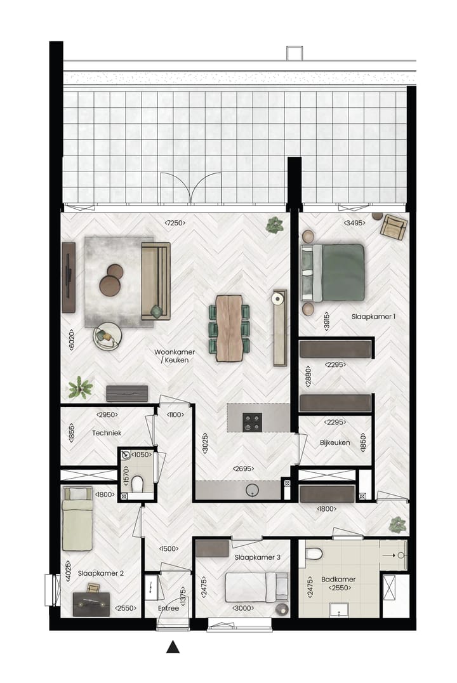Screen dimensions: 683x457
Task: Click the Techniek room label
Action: [106, 432]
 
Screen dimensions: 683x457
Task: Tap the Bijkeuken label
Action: [334, 442]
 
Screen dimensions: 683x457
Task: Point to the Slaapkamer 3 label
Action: [257, 557]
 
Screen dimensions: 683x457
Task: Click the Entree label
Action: [168, 608]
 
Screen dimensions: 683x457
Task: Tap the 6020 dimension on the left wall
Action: [72, 343]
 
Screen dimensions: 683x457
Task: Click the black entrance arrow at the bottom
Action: [172, 647]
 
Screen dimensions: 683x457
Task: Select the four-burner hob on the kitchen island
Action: [252, 420]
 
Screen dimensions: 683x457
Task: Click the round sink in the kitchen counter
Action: [253, 490]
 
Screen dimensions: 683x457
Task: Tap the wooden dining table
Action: [229, 328]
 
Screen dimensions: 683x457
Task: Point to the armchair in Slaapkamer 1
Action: [394, 227]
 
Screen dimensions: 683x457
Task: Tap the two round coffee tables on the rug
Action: [112, 280]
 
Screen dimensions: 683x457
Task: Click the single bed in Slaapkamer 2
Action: [78, 518]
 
